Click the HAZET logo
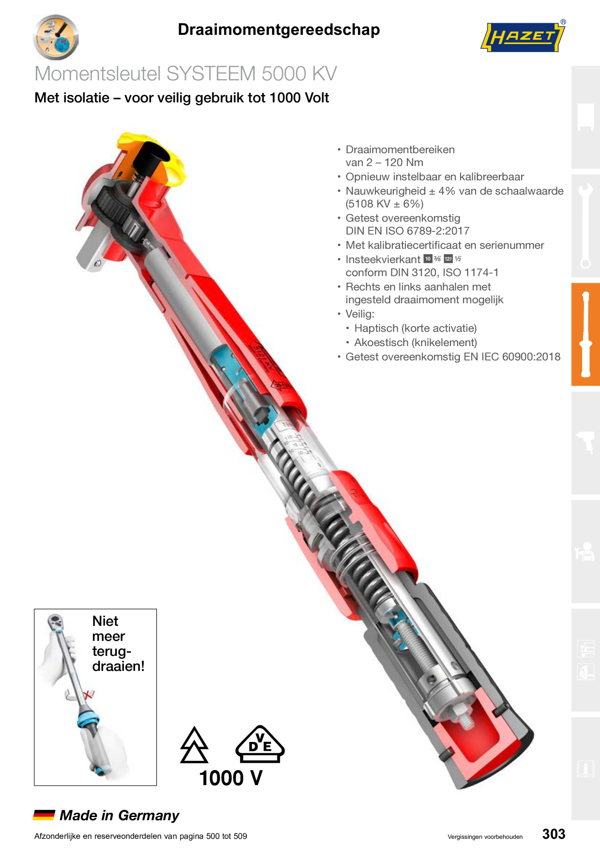[523, 36]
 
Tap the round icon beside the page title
[56, 37]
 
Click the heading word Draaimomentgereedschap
[279, 30]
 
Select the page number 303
[554, 834]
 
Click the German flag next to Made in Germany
[44, 815]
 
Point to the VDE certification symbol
[260, 744]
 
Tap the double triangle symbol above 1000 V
[194, 745]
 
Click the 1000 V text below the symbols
[231, 778]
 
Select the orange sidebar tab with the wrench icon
[585, 334]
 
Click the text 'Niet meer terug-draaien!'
[118, 643]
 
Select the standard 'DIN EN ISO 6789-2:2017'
[407, 231]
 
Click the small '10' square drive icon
[428, 259]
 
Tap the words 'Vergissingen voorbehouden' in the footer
[485, 837]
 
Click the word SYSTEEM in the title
[211, 74]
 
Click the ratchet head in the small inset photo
[55, 622]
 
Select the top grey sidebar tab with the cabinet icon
[585, 117]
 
